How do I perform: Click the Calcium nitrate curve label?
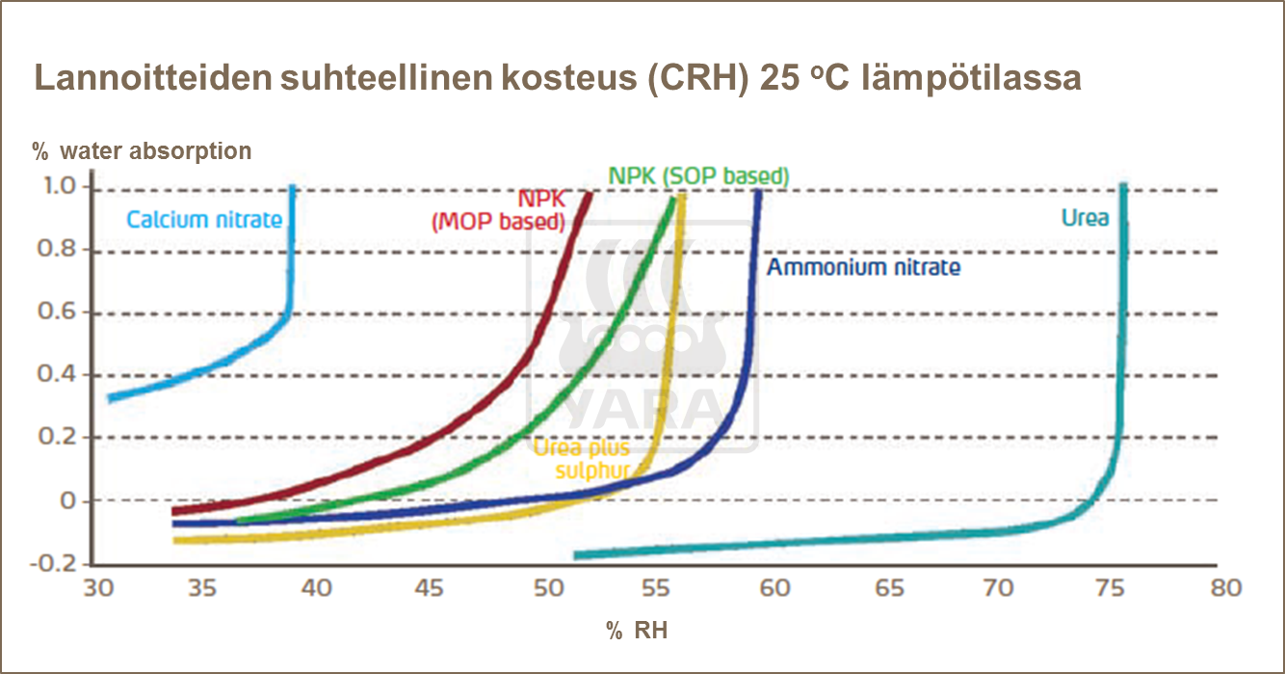pyautogui.click(x=204, y=220)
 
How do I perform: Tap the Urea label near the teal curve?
pyautogui.click(x=1085, y=218)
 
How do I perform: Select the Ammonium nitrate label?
pyautogui.click(x=863, y=267)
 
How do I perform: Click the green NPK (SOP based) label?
pyautogui.click(x=698, y=176)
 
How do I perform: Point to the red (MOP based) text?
pyautogui.click(x=496, y=223)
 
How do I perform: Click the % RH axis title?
pyautogui.click(x=637, y=632)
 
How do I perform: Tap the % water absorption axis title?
pyautogui.click(x=142, y=151)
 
